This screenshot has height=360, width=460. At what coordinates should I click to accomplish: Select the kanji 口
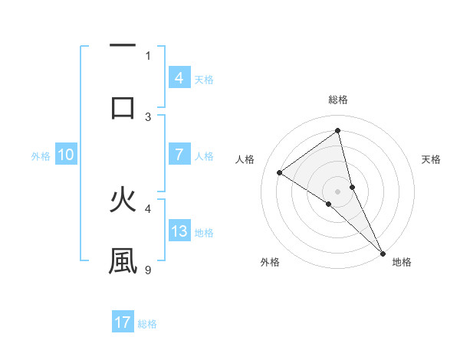click(x=123, y=107)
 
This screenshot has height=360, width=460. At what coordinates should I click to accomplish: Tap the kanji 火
click(x=123, y=201)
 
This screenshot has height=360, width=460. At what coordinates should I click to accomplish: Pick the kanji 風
click(x=123, y=260)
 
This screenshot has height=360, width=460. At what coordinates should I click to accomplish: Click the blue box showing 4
click(x=179, y=78)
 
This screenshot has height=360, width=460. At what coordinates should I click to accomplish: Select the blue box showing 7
click(x=179, y=155)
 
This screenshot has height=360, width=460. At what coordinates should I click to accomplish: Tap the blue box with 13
click(x=179, y=231)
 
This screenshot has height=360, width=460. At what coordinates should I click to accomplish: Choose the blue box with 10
click(x=65, y=155)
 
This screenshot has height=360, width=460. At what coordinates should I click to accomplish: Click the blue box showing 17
click(x=123, y=322)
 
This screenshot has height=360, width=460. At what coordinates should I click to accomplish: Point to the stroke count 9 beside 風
click(x=149, y=270)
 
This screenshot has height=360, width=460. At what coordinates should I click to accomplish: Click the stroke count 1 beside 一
click(x=148, y=55)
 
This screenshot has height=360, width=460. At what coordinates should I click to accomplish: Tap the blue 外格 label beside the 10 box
click(x=41, y=156)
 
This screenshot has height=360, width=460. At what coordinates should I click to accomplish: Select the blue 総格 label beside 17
click(x=147, y=324)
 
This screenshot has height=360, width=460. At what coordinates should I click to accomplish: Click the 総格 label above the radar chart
click(x=338, y=100)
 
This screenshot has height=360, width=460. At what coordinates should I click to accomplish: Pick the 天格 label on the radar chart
click(x=431, y=159)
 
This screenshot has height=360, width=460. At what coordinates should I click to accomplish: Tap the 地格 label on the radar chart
click(x=402, y=262)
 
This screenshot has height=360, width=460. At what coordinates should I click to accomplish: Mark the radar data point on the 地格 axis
click(x=382, y=252)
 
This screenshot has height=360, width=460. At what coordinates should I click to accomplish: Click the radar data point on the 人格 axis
click(x=280, y=172)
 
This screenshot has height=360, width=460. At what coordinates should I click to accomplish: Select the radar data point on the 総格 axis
click(x=338, y=131)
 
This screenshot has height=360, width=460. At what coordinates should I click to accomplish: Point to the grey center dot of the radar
click(x=338, y=191)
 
